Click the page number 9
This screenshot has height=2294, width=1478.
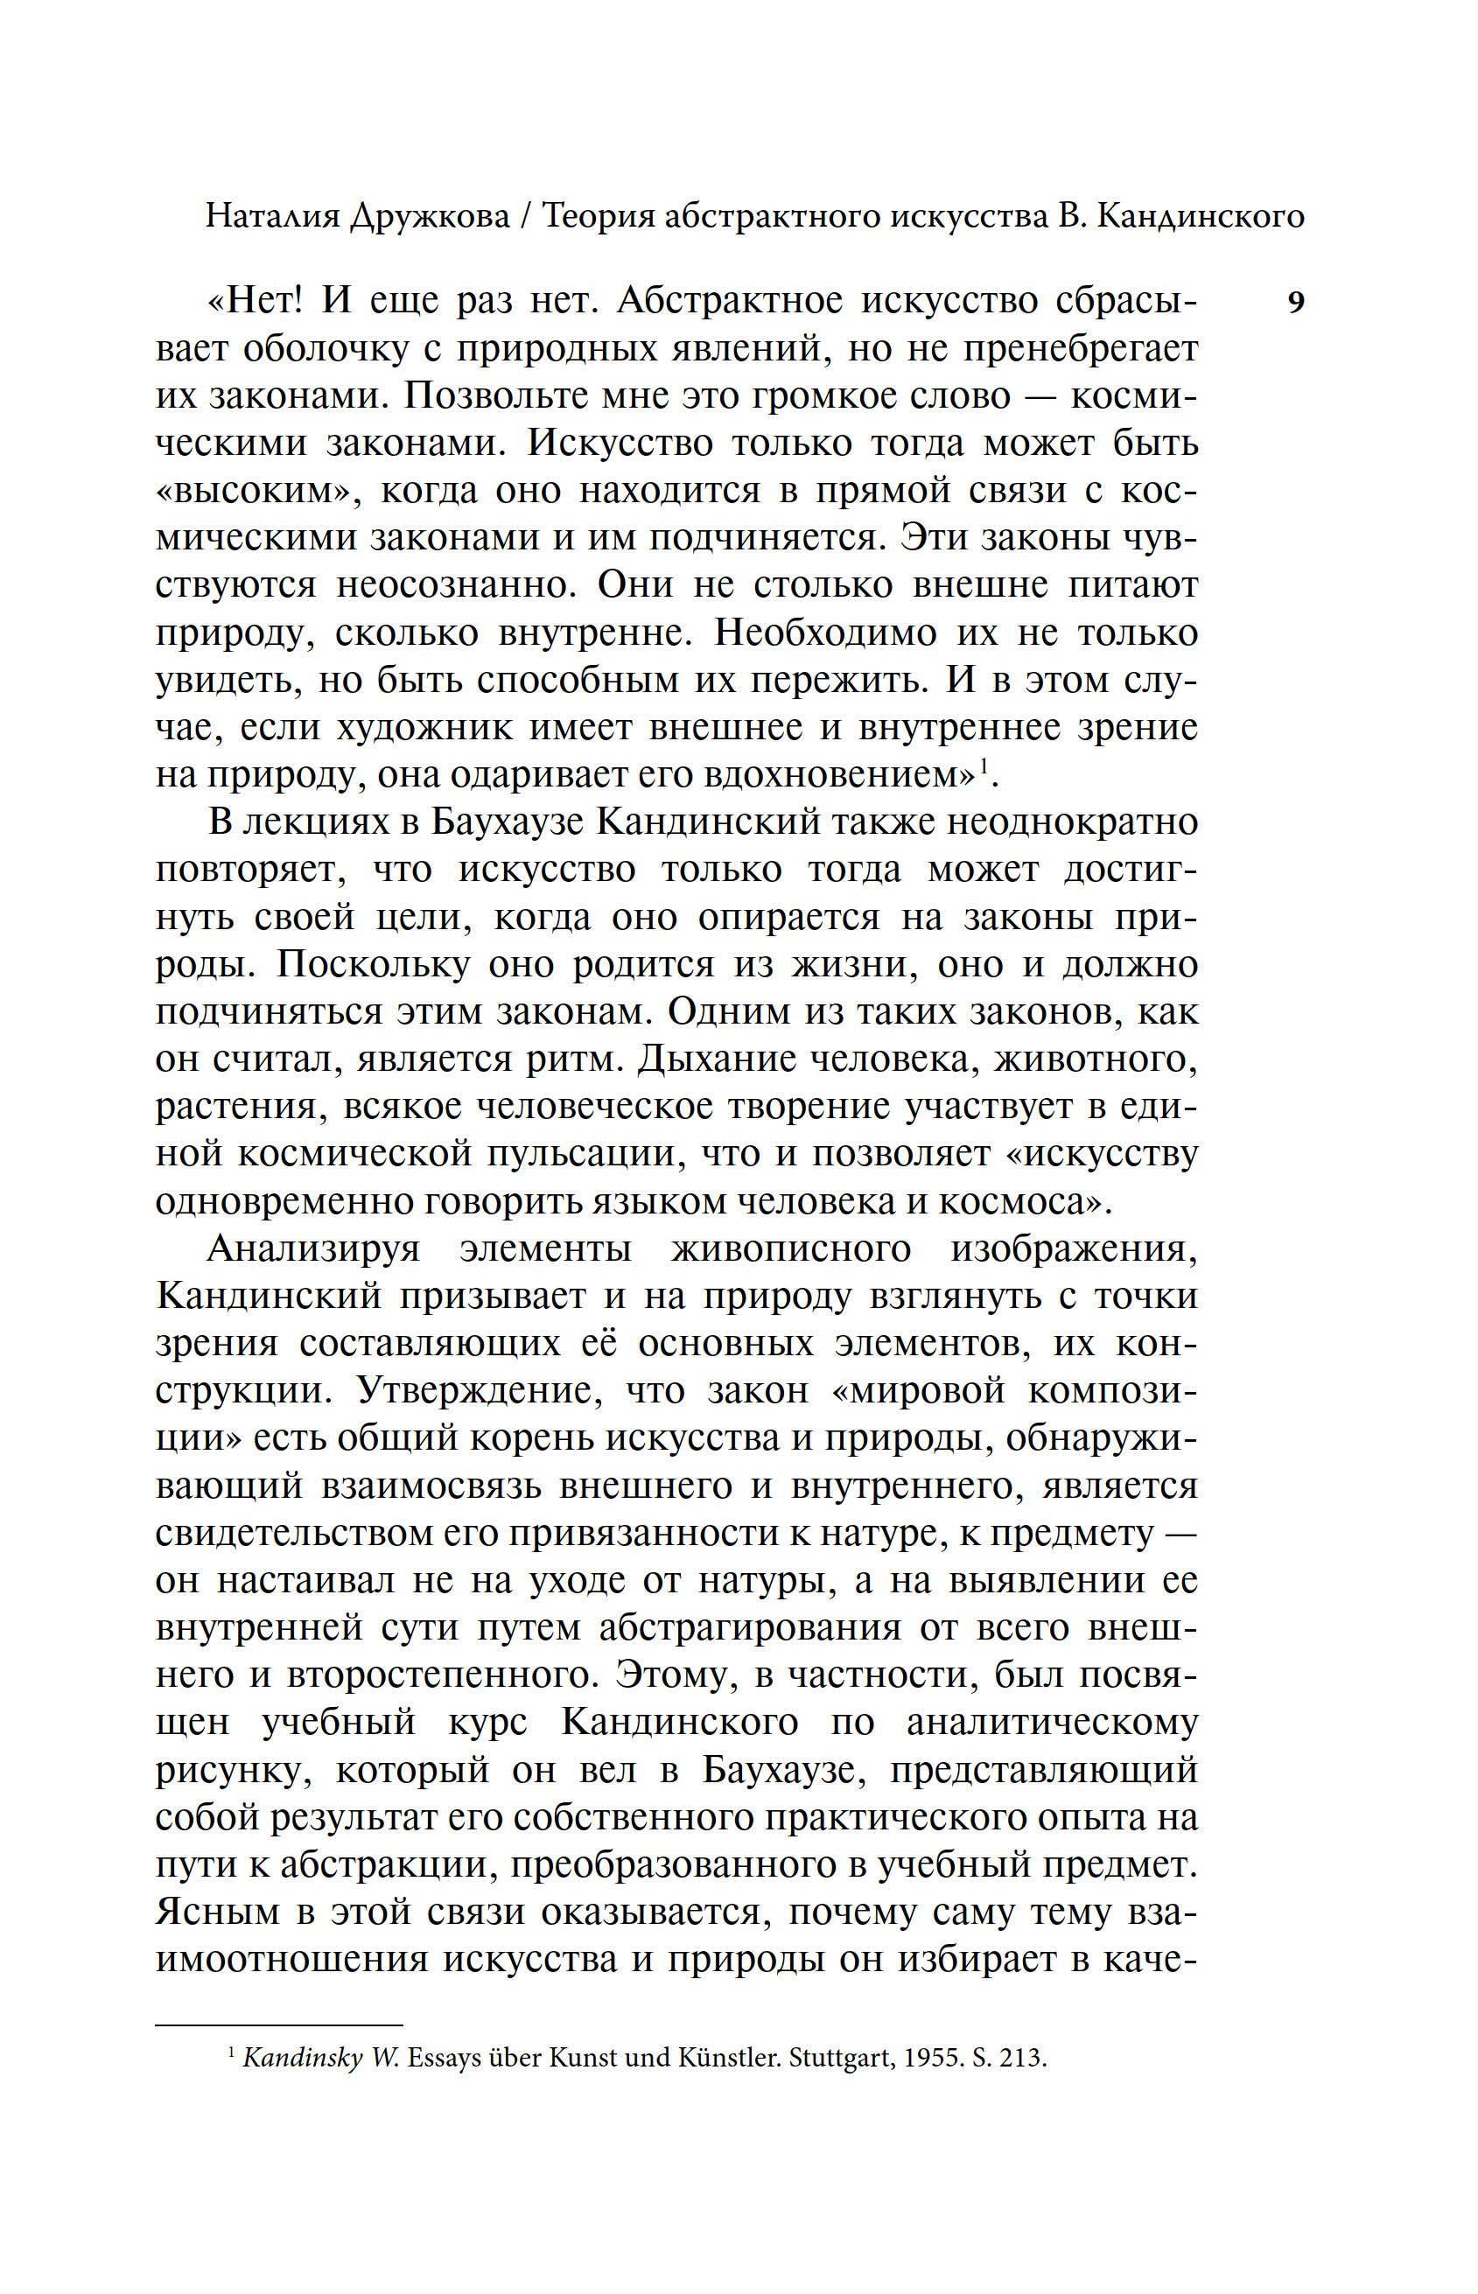click(x=1295, y=304)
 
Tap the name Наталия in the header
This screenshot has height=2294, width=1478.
click(x=272, y=217)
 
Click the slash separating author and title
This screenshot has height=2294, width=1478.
click(x=525, y=217)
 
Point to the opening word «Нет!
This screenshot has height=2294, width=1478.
click(x=256, y=301)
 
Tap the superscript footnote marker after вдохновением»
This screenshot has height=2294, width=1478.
click(x=982, y=765)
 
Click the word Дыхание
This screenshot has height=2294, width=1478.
click(x=714, y=1060)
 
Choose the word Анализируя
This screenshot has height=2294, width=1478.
click(x=313, y=1249)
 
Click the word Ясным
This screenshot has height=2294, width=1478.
click(x=218, y=1913)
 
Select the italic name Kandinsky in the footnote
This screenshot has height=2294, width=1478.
click(x=302, y=2059)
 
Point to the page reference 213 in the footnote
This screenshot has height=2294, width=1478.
click(x=1021, y=2059)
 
